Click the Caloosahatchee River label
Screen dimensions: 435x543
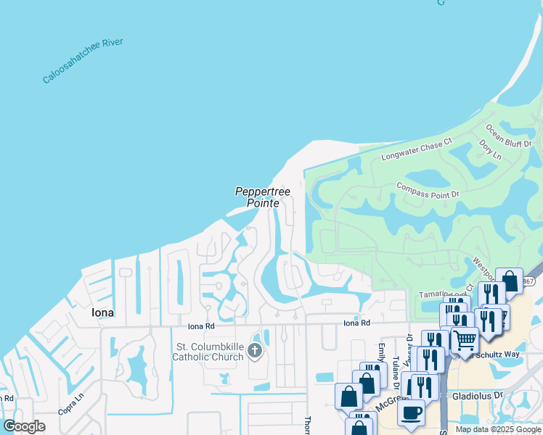pyautogui.click(x=83, y=61)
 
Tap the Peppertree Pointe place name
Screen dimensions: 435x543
pyautogui.click(x=263, y=197)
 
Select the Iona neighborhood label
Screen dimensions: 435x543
pyautogui.click(x=102, y=312)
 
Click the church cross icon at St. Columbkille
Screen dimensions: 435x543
pyautogui.click(x=254, y=352)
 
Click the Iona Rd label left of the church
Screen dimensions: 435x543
pyautogui.click(x=200, y=326)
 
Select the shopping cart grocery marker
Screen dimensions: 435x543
pyautogui.click(x=465, y=339)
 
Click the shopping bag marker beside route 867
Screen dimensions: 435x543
pyautogui.click(x=509, y=281)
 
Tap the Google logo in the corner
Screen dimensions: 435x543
pyautogui.click(x=24, y=426)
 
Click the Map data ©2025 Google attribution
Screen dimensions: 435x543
pyautogui.click(x=497, y=429)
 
